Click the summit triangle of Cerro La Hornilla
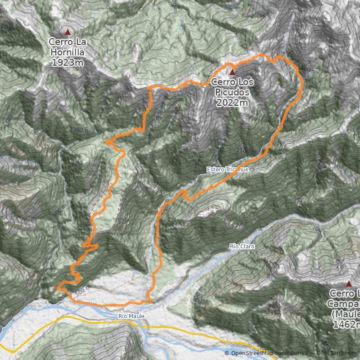pos(68,32)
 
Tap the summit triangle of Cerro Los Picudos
pos(233,72)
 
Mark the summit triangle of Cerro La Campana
pos(349,283)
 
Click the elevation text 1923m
pos(67,62)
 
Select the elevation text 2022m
pos(232,102)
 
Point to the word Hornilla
pos(67,52)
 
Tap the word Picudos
pos(232,92)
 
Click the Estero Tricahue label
pos(228,169)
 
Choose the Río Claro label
pos(242,247)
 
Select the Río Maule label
pos(131,316)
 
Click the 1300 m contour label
pos(80,130)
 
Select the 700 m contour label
pos(320,231)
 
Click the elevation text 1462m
pos(346,324)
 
